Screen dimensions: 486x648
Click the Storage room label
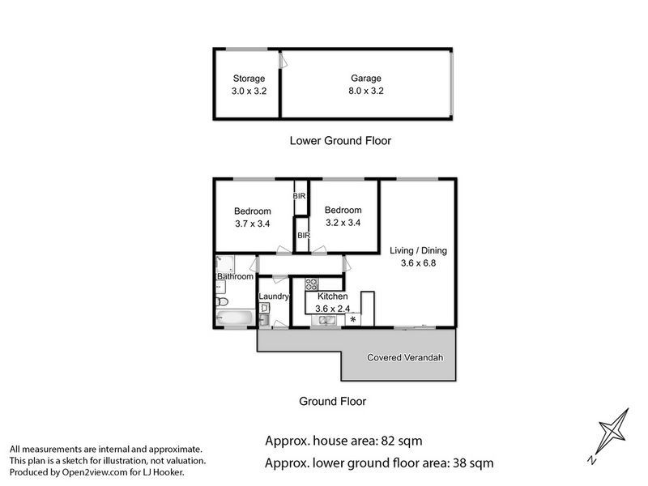pos(249,79)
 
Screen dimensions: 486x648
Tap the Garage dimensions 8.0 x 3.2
pos(366,92)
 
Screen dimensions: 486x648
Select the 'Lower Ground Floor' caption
pos(340,141)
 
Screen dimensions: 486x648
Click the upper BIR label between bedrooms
pos(300,196)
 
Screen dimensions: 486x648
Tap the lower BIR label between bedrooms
pos(303,236)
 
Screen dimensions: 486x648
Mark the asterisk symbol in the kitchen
pos(352,321)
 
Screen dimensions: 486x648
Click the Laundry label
pos(274,296)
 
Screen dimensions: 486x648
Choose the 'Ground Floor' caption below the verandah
pos(332,401)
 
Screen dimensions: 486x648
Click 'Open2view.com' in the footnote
pos(100,472)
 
